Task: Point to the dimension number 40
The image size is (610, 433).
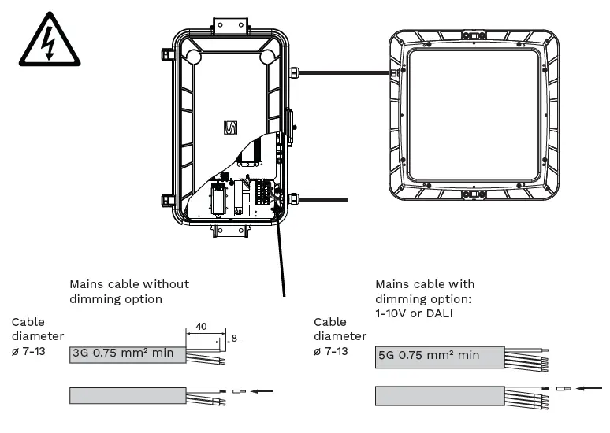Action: pos(201,326)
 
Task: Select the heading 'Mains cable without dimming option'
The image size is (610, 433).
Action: pos(129,291)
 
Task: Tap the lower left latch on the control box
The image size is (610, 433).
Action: pos(166,199)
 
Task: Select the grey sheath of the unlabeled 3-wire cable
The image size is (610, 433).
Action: pos(127,394)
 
